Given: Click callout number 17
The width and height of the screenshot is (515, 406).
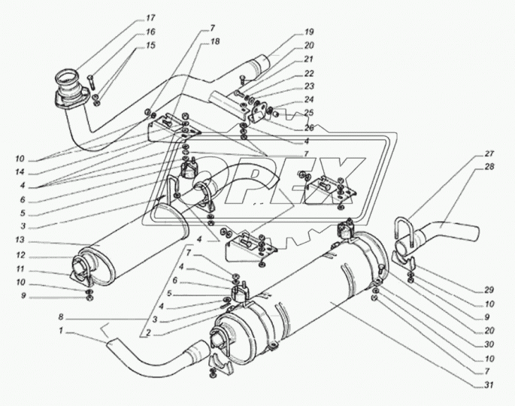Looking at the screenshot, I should (x=150, y=17).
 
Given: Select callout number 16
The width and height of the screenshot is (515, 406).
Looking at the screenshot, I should (x=150, y=32).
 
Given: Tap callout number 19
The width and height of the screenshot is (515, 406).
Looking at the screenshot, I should (x=309, y=32).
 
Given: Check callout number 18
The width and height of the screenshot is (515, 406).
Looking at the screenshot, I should (x=214, y=44).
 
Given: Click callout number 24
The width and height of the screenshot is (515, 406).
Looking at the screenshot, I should (x=309, y=99).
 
